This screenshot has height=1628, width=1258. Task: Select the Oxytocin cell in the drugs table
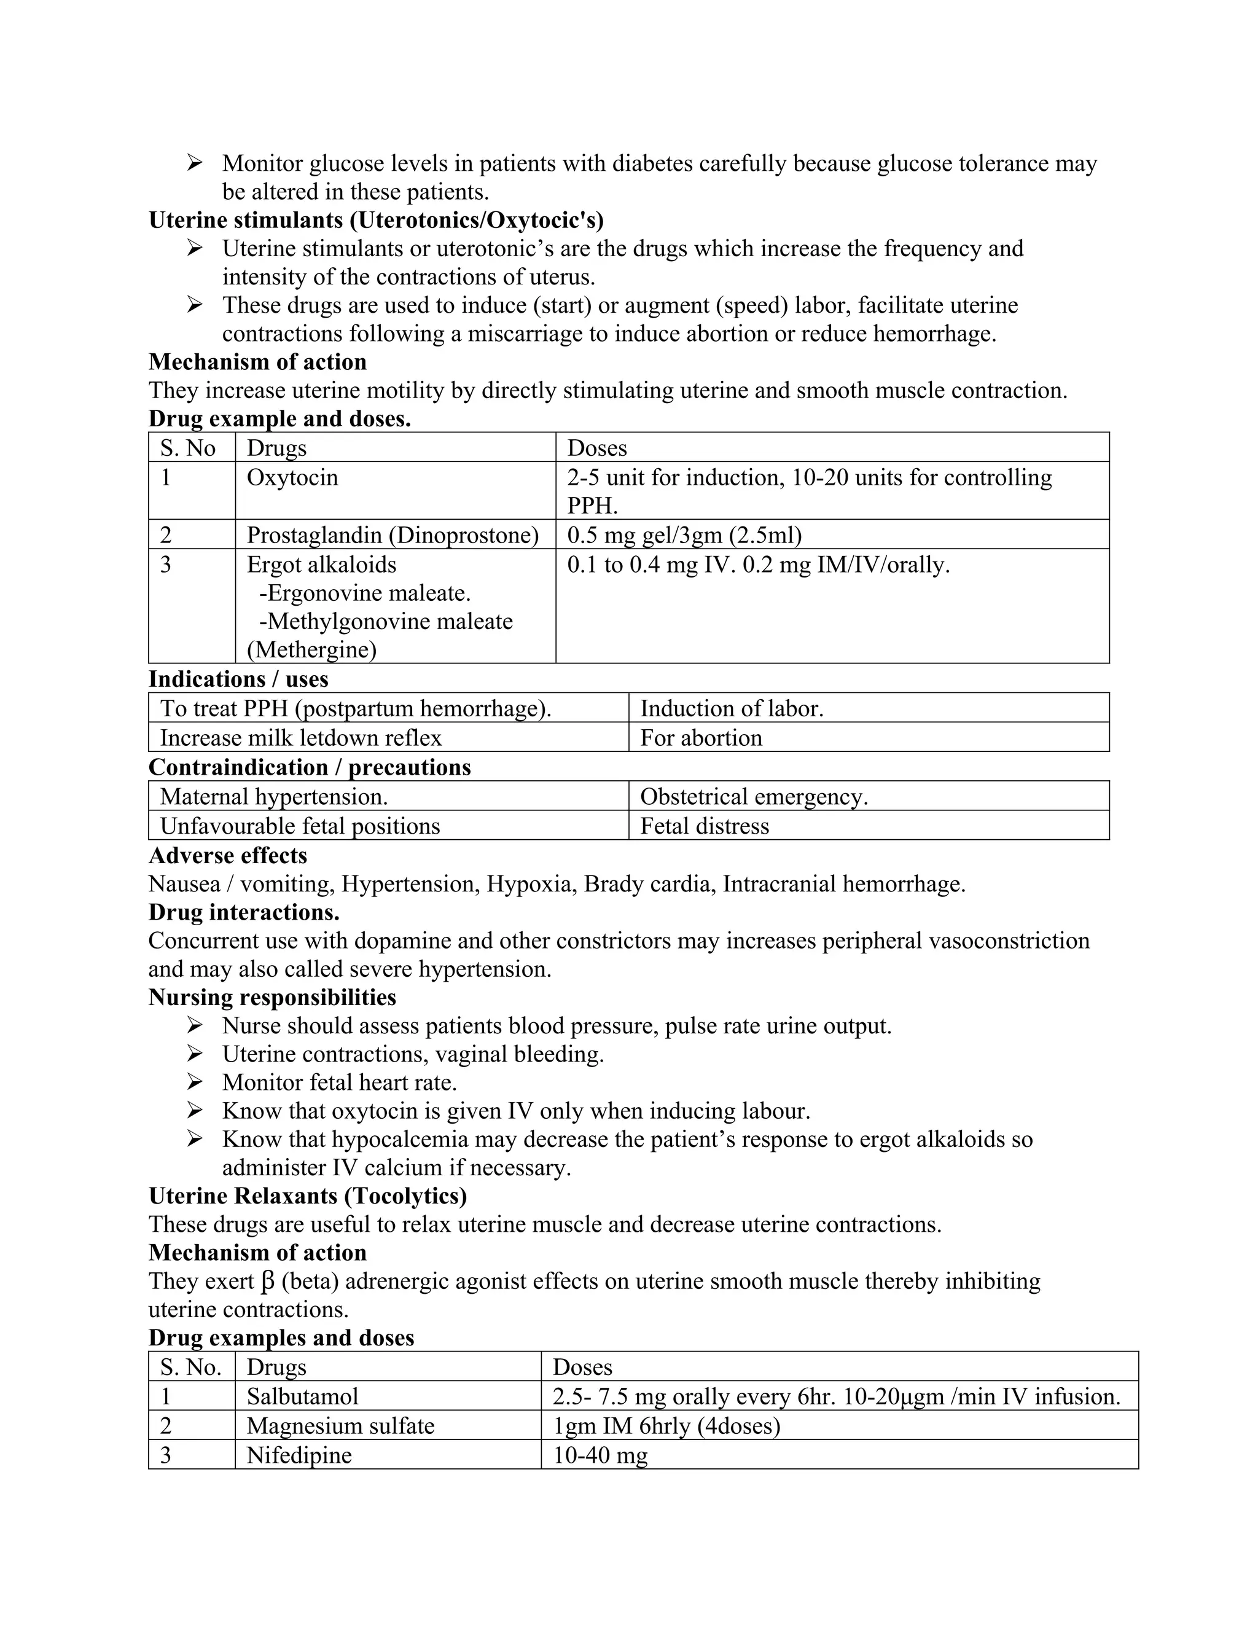(292, 477)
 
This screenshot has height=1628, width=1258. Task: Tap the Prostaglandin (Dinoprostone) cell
(392, 535)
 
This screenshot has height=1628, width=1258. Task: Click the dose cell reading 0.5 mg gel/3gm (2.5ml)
(684, 535)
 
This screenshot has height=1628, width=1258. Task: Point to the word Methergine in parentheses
(311, 650)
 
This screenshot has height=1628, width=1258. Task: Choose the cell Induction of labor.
(731, 708)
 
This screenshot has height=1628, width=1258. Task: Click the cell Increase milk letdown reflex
(300, 738)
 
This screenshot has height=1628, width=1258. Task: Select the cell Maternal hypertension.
(273, 797)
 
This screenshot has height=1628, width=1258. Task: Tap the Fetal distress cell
(705, 826)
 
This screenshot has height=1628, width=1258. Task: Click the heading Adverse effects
(227, 855)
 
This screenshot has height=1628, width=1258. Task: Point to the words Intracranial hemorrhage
(843, 884)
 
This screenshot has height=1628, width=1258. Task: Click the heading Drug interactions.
(244, 912)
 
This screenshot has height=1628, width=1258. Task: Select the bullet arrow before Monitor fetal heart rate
(195, 1082)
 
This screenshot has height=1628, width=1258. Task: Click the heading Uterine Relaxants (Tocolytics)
(308, 1196)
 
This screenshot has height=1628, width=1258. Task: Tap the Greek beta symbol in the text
(268, 1282)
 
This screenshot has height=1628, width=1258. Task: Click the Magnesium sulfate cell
(340, 1425)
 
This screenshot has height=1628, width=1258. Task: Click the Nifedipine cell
(299, 1455)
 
